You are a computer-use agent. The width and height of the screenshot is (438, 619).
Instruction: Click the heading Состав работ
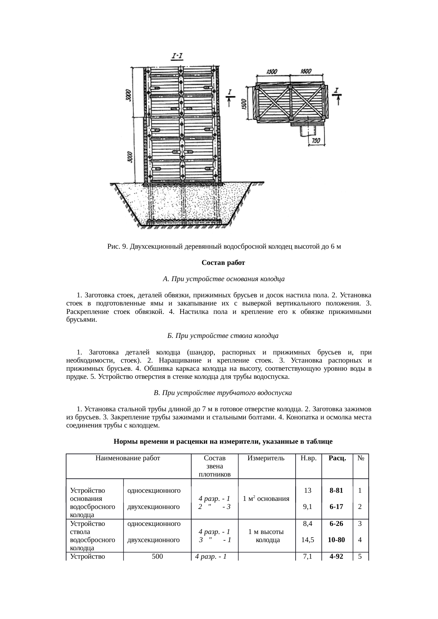[223, 263]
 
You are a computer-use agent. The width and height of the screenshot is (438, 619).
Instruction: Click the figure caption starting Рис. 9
[224, 246]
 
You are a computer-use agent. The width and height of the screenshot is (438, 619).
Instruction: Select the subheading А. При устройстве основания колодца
[224, 279]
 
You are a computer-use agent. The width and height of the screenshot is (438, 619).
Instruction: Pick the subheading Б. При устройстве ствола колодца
[223, 336]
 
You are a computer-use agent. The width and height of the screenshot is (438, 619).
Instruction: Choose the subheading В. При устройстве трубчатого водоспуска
[223, 393]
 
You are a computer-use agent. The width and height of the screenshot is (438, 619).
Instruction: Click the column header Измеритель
[266, 459]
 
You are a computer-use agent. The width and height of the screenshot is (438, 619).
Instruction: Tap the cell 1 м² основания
[266, 499]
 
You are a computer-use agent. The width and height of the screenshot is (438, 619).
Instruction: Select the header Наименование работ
[128, 459]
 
